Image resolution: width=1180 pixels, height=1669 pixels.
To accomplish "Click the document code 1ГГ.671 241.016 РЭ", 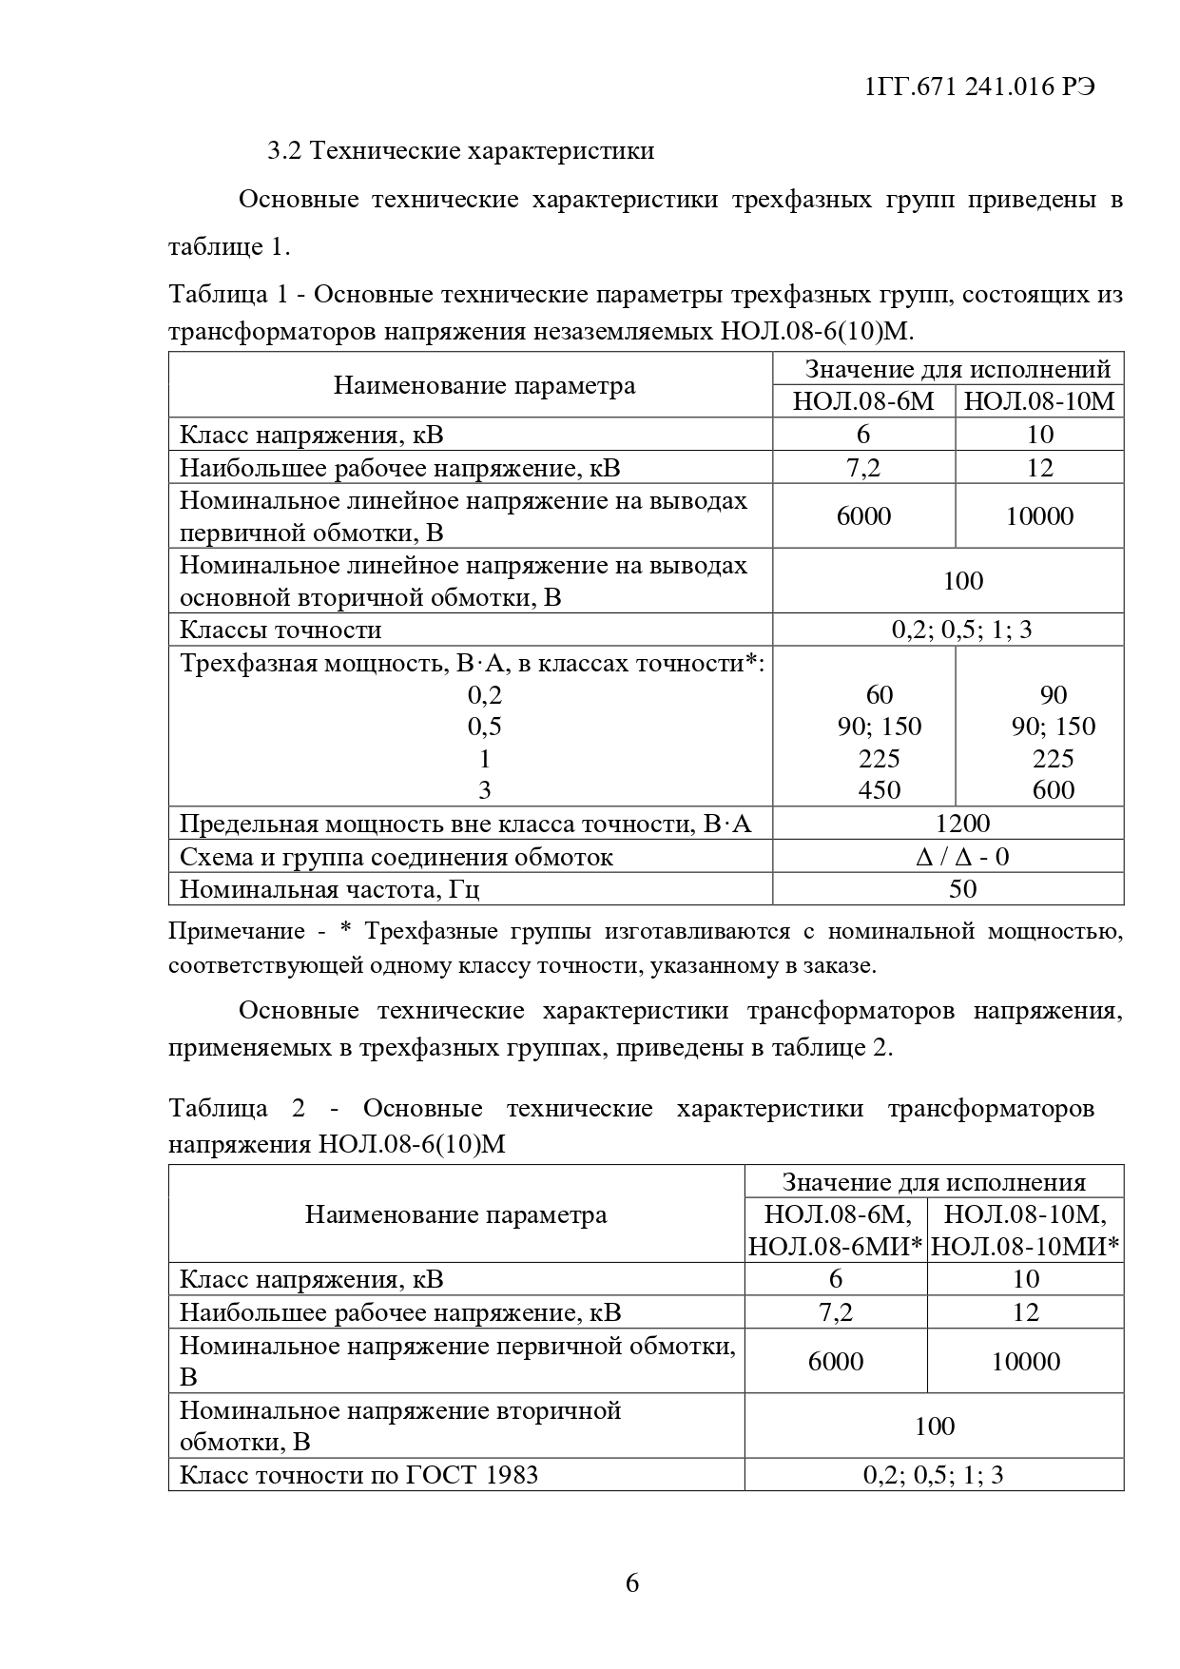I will pos(980,87).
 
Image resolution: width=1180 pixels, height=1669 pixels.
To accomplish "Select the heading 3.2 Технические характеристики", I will pos(460,150).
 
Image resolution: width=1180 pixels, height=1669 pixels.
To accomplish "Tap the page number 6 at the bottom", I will pos(632,1583).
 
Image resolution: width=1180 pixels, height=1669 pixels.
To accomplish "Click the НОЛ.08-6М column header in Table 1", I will pos(863,400).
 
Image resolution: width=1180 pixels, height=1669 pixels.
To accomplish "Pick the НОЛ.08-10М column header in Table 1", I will pos(1039,400).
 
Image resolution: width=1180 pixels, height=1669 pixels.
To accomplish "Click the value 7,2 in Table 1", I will pos(863,467).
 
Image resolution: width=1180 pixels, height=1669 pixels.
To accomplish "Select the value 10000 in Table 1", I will pos(1039,515).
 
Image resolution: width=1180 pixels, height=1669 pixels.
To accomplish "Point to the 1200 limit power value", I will pos(962,824).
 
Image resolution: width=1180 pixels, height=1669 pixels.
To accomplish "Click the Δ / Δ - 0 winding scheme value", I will pos(962,857).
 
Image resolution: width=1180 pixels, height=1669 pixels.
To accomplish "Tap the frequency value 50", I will pos(962,889).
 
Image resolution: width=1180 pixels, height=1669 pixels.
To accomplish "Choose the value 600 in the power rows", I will pos(1053,790).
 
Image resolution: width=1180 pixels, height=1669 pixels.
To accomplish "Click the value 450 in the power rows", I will pos(879,790).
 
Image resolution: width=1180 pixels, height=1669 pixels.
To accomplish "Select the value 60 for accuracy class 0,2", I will pos(880,694).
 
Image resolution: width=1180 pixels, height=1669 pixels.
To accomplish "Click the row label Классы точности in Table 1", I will pos(280,630).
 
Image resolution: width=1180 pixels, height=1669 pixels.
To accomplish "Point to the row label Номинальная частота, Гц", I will pos(330,890).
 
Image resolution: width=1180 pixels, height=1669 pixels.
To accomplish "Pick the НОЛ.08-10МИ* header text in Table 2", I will pos(1025,1246).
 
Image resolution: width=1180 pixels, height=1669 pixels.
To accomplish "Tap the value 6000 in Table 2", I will pos(836,1361).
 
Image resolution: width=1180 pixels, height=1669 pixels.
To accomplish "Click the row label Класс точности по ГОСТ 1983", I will pos(359,1474).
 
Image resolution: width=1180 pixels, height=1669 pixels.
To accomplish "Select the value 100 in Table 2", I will pos(934,1426).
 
